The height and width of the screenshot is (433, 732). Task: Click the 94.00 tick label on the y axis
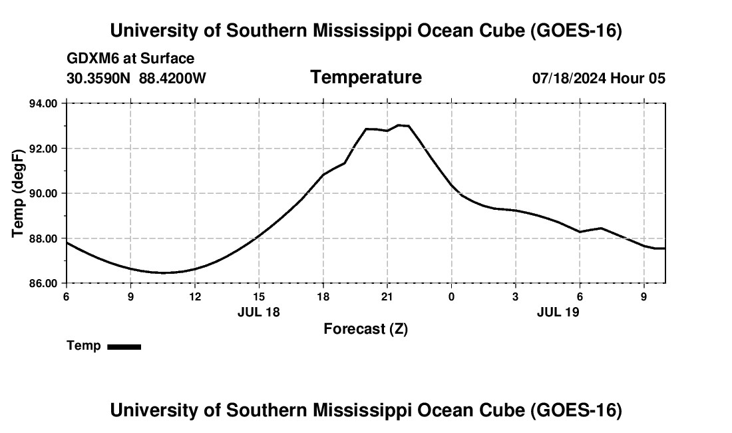pyautogui.click(x=43, y=103)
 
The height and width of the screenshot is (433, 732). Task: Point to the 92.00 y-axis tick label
pyautogui.click(x=43, y=149)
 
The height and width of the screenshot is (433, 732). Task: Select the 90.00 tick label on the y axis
pyautogui.click(x=43, y=193)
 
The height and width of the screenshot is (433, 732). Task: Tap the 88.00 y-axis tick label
pyautogui.click(x=43, y=238)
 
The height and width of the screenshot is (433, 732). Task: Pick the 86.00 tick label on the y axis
pyautogui.click(x=43, y=284)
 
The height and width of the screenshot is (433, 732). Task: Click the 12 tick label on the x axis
pyautogui.click(x=195, y=296)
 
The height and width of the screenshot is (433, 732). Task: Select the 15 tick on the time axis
pyautogui.click(x=259, y=296)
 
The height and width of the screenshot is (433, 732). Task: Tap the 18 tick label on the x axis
pyautogui.click(x=323, y=296)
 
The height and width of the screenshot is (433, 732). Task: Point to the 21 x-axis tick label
pyautogui.click(x=387, y=296)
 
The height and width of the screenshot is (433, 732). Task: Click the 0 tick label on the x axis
pyautogui.click(x=451, y=296)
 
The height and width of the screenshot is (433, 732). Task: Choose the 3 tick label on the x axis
pyautogui.click(x=515, y=296)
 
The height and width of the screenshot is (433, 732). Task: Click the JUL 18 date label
pyautogui.click(x=259, y=312)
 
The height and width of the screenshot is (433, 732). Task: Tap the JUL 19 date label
pyautogui.click(x=558, y=312)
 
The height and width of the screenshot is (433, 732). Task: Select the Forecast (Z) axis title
pyautogui.click(x=366, y=329)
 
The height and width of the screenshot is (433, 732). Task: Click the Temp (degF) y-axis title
pyautogui.click(x=18, y=193)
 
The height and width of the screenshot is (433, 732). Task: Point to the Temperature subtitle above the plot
pyautogui.click(x=366, y=77)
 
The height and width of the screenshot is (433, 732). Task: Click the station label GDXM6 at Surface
pyautogui.click(x=130, y=59)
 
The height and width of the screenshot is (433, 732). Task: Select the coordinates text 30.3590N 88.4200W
pyautogui.click(x=136, y=78)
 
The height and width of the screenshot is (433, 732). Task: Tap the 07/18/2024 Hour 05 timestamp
pyautogui.click(x=599, y=78)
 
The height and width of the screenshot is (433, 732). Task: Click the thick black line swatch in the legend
pyautogui.click(x=124, y=346)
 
